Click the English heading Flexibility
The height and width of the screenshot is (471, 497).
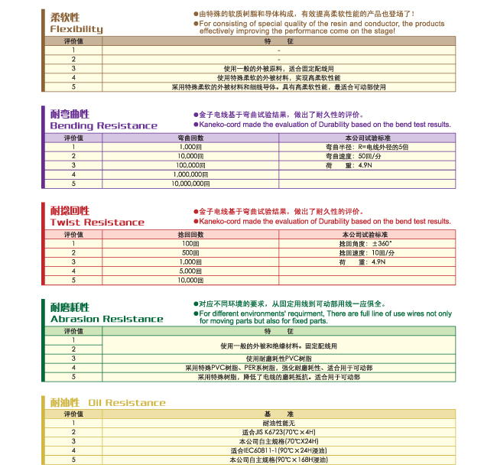coord(76,30)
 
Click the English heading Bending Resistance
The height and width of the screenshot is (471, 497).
coord(104,125)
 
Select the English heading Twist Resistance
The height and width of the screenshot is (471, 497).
coord(97,223)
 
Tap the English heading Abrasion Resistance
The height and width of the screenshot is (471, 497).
coord(106,319)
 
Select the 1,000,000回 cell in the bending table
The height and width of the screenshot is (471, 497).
coord(190,174)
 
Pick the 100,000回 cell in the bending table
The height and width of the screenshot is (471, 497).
coord(190,164)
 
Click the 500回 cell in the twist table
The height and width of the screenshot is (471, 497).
coord(190,252)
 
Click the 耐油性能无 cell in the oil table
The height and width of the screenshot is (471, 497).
coord(278,423)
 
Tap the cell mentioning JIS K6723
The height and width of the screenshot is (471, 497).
coord(278,432)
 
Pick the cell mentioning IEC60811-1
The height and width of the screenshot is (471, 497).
coord(278,450)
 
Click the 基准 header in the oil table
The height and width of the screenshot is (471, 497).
coord(278,414)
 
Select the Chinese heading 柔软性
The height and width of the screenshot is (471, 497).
coord(64,16)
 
